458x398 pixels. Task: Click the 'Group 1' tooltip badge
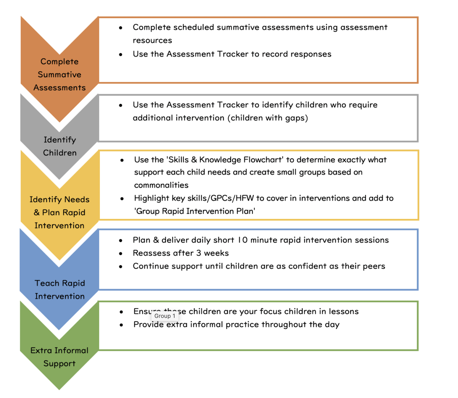pos(165,316)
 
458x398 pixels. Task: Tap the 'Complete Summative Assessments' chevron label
pos(60,74)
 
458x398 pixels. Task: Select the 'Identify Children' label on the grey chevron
pos(60,146)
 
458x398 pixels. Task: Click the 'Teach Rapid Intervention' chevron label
pos(60,290)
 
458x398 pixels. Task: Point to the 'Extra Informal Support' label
pos(60,357)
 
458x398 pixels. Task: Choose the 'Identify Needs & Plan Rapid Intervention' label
pos(60,212)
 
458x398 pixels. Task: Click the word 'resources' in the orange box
pos(152,40)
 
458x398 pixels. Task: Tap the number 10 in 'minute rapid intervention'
pos(242,240)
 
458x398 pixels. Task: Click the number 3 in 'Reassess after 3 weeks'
pos(199,253)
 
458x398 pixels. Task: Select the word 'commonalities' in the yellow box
pos(161,185)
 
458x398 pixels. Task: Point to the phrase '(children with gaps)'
pos(268,118)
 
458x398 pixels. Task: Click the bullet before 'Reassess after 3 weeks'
pos(121,254)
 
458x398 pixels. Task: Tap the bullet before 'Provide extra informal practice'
pos(121,325)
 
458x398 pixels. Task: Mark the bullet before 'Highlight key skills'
pos(122,199)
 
